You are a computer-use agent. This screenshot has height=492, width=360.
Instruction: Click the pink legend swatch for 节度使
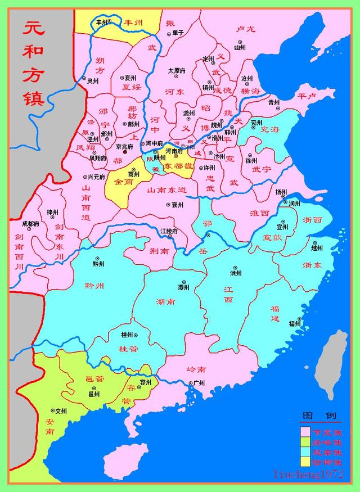pos(307,431)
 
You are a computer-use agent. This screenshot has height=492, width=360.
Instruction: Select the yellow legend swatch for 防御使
pos(307,462)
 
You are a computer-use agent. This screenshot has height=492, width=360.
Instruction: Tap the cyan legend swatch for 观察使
pos(307,452)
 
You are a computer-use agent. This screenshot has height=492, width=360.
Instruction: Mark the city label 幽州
pos(240,48)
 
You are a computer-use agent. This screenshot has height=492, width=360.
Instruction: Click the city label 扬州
pos(281,192)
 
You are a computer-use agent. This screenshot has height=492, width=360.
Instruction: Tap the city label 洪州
pos(236,273)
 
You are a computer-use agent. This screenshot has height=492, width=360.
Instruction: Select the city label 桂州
pos(127,335)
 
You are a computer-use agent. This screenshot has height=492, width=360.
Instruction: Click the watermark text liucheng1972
pos(308,475)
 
